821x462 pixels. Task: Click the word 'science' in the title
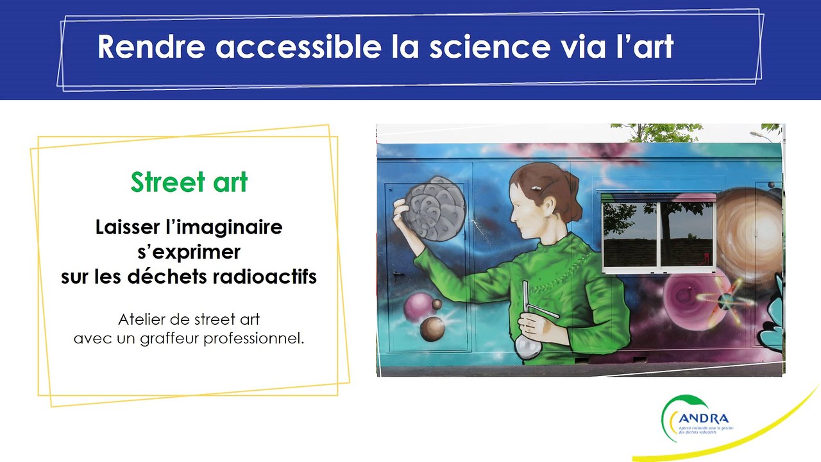click(487, 47)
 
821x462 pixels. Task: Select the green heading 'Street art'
click(189, 182)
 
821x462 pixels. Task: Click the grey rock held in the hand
click(433, 207)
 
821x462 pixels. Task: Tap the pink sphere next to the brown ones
click(419, 307)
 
